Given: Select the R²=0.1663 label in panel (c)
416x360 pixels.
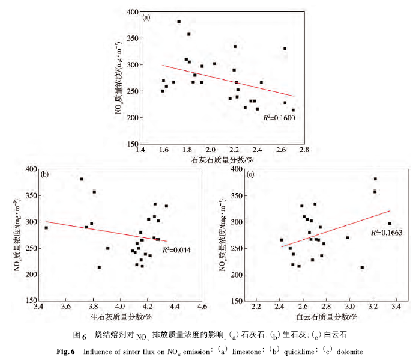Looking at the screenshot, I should (x=385, y=232).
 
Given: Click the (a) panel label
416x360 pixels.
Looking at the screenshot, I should (x=146, y=17).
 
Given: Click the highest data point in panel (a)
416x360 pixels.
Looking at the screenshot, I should (x=179, y=22).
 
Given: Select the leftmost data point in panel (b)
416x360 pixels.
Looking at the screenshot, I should (x=46, y=228).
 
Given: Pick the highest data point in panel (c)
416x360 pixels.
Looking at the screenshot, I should (x=375, y=179).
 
